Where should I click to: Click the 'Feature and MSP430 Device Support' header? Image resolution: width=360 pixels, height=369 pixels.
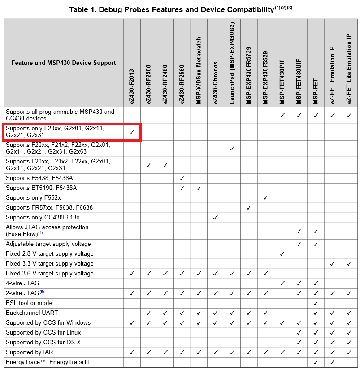click(x=64, y=63)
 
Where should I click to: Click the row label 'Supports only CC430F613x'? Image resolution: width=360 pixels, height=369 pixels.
click(x=43, y=218)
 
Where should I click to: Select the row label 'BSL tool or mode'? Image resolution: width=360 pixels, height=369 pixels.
click(x=29, y=303)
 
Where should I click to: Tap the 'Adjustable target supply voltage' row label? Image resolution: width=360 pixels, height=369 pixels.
click(x=48, y=244)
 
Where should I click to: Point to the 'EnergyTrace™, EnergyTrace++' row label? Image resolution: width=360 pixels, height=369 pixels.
click(x=48, y=362)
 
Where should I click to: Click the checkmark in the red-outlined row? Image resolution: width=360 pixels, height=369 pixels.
click(x=132, y=132)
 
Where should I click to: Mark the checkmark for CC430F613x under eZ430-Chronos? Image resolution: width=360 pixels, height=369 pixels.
click(x=216, y=218)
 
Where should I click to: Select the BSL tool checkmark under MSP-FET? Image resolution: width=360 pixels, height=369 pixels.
click(x=316, y=303)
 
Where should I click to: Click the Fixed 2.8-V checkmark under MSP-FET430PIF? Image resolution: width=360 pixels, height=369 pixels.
click(x=282, y=254)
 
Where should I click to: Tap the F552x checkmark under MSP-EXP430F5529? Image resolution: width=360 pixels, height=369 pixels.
click(x=265, y=198)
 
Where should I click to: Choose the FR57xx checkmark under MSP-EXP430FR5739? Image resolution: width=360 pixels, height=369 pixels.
click(x=249, y=208)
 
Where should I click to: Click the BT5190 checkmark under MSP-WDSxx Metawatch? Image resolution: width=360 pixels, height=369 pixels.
click(x=199, y=188)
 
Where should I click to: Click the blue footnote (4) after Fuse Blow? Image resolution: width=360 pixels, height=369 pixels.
click(x=40, y=233)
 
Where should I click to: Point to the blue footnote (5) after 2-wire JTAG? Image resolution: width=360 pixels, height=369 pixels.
click(x=42, y=292)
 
